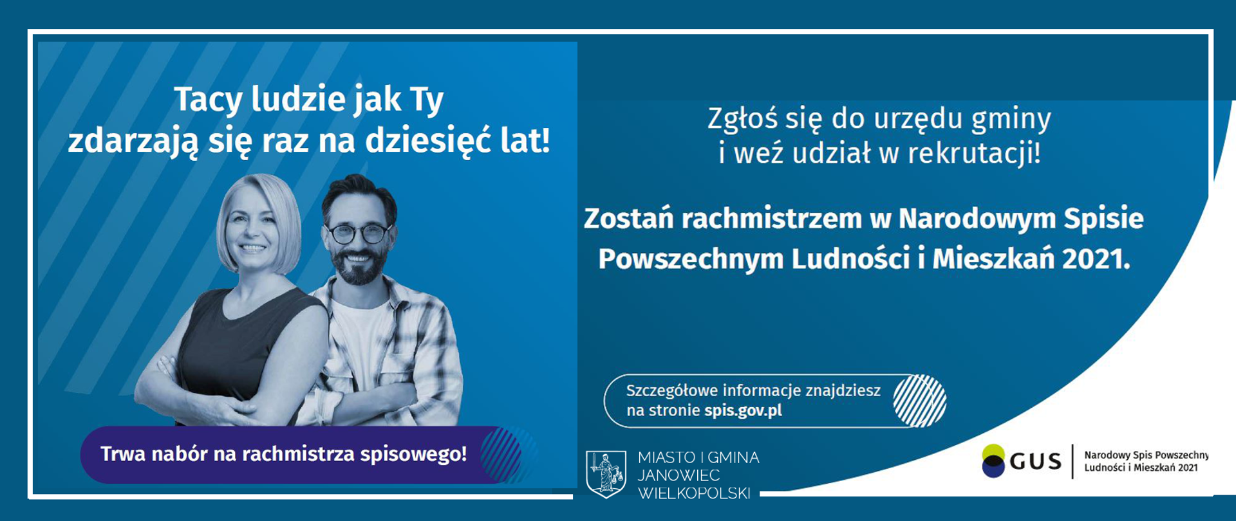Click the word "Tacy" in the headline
pyautogui.click(x=208, y=100)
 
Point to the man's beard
pyautogui.click(x=359, y=268)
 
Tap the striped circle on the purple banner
pyautogui.click(x=501, y=455)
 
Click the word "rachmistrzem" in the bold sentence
pyautogui.click(x=772, y=219)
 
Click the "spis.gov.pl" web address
pyautogui.click(x=743, y=410)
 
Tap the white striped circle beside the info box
pyautogui.click(x=919, y=401)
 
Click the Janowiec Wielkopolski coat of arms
pyautogui.click(x=606, y=473)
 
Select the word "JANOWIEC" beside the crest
pyautogui.click(x=679, y=475)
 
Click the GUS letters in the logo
pyautogui.click(x=1035, y=461)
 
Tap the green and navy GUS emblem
pyautogui.click(x=993, y=461)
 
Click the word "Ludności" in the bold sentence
pyautogui.click(x=850, y=259)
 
